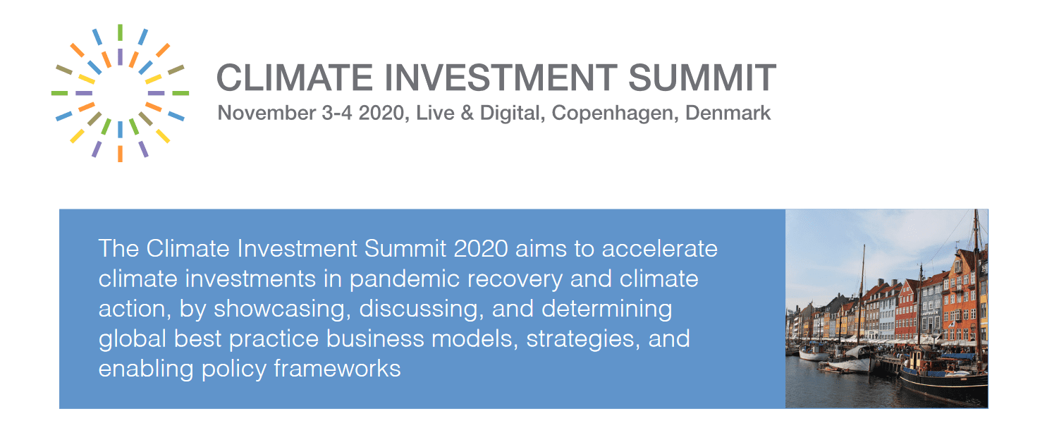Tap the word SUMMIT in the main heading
pyautogui.click(x=702, y=77)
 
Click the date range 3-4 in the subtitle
pyautogui.click(x=336, y=113)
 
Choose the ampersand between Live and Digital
pyautogui.click(x=467, y=113)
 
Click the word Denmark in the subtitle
pyautogui.click(x=728, y=113)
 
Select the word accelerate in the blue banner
pyautogui.click(x=659, y=248)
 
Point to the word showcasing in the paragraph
pyautogui.click(x=282, y=310)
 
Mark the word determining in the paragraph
pyautogui.click(x=607, y=310)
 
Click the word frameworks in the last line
pyautogui.click(x=337, y=369)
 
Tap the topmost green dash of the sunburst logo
pyautogui.click(x=120, y=32)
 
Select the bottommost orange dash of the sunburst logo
pyautogui.click(x=120, y=154)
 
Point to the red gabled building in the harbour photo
pyautogui.click(x=907, y=310)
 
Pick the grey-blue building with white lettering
pyautogui.click(x=930, y=309)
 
